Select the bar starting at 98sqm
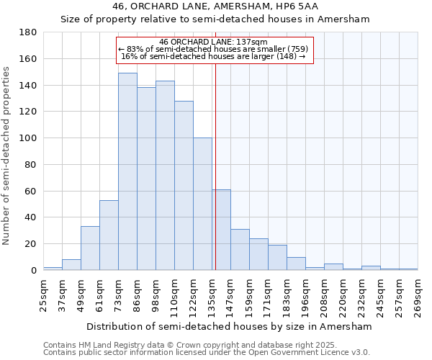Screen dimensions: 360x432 pos(165,176)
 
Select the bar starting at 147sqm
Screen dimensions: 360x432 pos(240,250)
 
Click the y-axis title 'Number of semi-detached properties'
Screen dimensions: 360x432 pos(7,155)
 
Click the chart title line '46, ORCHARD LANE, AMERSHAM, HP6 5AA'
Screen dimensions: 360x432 pos(215,6)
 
